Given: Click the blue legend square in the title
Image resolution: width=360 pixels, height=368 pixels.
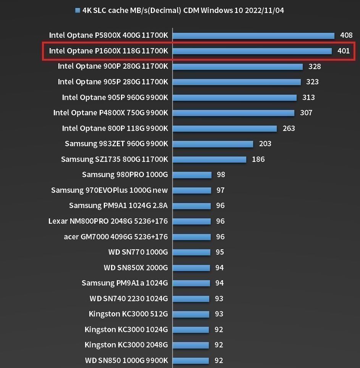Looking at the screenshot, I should click(x=78, y=11).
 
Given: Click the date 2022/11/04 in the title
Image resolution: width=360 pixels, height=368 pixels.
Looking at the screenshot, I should click(x=264, y=10).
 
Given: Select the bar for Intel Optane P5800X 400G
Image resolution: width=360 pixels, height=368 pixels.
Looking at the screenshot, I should click(x=253, y=36).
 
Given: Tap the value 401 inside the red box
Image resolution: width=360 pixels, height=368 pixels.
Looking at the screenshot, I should click(x=344, y=51).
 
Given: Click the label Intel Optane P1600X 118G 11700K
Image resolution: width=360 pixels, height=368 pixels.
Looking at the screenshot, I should click(x=108, y=51).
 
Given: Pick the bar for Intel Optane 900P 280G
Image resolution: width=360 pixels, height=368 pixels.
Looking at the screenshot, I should click(x=237, y=66).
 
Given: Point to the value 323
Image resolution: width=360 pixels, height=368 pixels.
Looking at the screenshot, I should click(x=312, y=82).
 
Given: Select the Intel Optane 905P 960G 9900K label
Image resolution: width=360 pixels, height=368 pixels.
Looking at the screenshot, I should click(x=115, y=97).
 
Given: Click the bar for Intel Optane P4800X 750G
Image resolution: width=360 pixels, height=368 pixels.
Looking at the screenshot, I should click(x=233, y=113).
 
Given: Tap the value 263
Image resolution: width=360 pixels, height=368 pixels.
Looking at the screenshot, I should click(x=289, y=128).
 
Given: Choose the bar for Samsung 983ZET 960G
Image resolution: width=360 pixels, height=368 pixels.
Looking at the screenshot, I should click(x=213, y=144).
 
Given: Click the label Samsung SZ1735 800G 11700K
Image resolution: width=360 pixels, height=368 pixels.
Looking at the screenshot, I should click(x=115, y=159).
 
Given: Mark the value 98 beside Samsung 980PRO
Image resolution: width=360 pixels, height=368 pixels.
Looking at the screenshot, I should click(x=221, y=175).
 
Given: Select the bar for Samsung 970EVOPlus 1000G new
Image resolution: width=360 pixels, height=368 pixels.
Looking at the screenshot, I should click(x=192, y=190).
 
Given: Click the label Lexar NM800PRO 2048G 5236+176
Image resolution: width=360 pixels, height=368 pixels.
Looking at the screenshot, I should click(x=108, y=221).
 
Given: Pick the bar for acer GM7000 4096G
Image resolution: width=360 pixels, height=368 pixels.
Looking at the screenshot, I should click(x=192, y=237).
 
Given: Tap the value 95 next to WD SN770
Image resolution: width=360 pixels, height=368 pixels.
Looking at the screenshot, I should click(x=220, y=252).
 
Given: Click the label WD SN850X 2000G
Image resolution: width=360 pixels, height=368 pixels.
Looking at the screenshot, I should click(x=136, y=268).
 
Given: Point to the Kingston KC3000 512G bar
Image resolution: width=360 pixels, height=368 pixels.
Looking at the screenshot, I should click(x=191, y=314).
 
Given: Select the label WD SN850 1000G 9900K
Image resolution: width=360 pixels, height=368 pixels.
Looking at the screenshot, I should click(x=126, y=360).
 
